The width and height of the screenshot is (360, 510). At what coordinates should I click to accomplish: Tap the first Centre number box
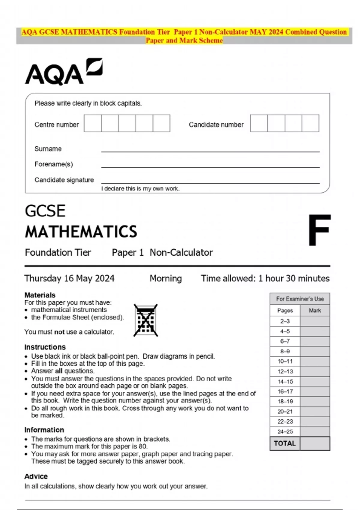click(93, 123)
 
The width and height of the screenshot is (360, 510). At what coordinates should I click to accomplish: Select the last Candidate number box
click(310, 123)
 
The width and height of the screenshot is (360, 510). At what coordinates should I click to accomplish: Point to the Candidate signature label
click(64, 180)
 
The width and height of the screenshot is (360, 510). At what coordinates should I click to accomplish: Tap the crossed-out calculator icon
click(146, 320)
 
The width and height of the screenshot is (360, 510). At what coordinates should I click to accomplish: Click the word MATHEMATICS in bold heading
click(81, 232)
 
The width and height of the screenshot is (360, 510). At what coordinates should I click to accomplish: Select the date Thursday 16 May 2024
click(69, 278)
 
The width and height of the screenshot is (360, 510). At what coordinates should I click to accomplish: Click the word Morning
click(166, 278)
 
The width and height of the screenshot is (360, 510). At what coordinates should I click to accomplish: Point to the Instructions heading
click(45, 347)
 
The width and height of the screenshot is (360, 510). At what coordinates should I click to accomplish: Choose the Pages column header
click(285, 310)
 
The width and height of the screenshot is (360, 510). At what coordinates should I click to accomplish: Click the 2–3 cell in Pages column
click(285, 321)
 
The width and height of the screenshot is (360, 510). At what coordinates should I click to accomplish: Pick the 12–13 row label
click(285, 371)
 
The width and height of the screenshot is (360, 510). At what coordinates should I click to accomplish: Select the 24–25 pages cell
click(285, 432)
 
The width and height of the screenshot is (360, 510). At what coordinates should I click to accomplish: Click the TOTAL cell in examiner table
click(285, 443)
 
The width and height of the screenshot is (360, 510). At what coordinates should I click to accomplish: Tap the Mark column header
click(315, 310)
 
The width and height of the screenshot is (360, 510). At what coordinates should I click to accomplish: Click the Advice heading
click(36, 476)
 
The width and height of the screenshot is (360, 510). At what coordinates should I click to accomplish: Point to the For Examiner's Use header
click(300, 299)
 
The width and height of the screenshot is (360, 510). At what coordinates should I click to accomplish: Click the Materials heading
click(40, 295)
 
